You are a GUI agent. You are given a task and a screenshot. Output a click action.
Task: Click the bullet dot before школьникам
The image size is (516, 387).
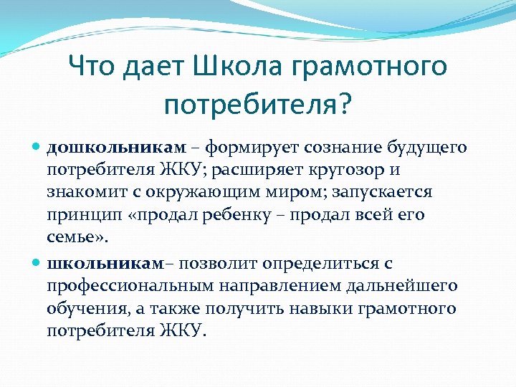pos(37,264)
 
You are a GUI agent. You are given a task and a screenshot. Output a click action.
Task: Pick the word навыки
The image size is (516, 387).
pos(311,310)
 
